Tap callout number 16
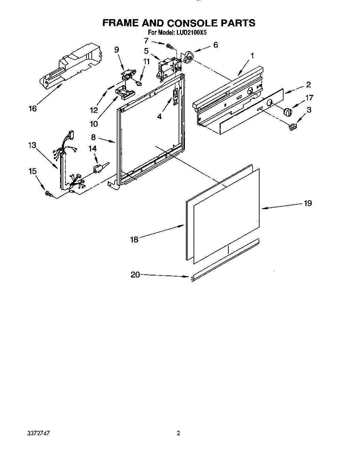tap(32, 109)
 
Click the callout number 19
tap(308, 203)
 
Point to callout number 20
tap(135, 274)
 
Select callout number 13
tap(32, 145)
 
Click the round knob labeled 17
tap(287, 112)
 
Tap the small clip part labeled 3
tap(293, 127)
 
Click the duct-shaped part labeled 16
tap(71, 64)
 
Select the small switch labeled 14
tap(98, 168)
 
